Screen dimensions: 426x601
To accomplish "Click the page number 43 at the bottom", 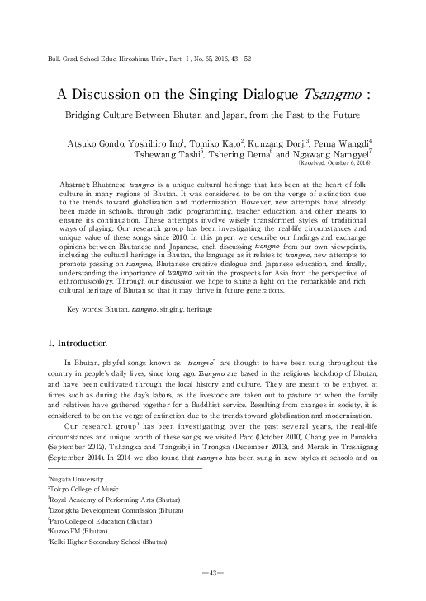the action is pos(213,572).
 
